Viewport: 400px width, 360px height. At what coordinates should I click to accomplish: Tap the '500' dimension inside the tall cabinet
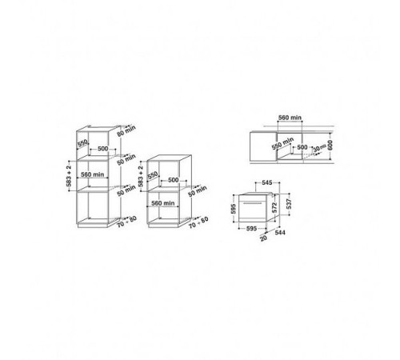[103, 149]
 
